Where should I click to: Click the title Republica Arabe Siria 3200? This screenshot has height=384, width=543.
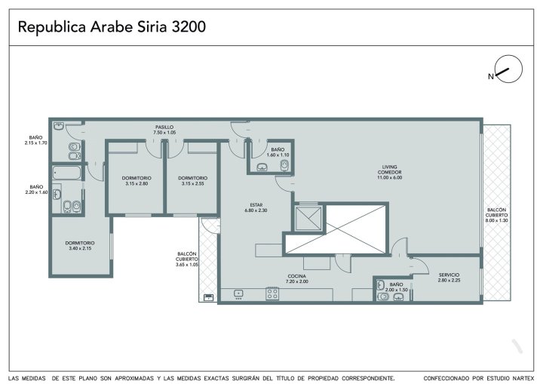[112, 26]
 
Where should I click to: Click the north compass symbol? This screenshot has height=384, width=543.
[508, 69]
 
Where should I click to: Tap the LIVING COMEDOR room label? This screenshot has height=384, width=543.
[390, 172]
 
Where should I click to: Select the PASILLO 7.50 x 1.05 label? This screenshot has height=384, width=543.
[164, 130]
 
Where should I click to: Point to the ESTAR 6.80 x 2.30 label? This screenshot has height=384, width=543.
[256, 207]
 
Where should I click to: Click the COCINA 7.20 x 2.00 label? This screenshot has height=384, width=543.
[297, 278]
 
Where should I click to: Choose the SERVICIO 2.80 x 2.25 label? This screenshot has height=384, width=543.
[449, 278]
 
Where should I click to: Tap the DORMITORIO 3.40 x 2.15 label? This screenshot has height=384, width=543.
[80, 245]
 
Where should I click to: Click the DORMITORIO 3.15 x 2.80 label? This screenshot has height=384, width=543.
[137, 180]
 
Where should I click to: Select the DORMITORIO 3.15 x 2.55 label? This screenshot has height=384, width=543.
[193, 180]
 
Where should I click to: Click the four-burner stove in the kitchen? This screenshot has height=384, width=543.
[272, 293]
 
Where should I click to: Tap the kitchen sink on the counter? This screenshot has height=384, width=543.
[238, 294]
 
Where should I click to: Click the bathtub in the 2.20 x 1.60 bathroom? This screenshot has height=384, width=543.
[67, 173]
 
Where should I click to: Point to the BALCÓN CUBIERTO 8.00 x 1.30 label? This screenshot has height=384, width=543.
[497, 215]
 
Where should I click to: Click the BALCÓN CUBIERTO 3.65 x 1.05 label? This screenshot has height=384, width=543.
[187, 260]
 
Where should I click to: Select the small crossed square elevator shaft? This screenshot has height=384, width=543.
[308, 218]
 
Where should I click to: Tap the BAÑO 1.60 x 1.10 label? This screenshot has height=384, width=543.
[278, 152]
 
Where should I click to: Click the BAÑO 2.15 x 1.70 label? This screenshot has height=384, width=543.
[36, 140]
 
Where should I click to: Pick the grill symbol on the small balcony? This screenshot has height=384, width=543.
[208, 297]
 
